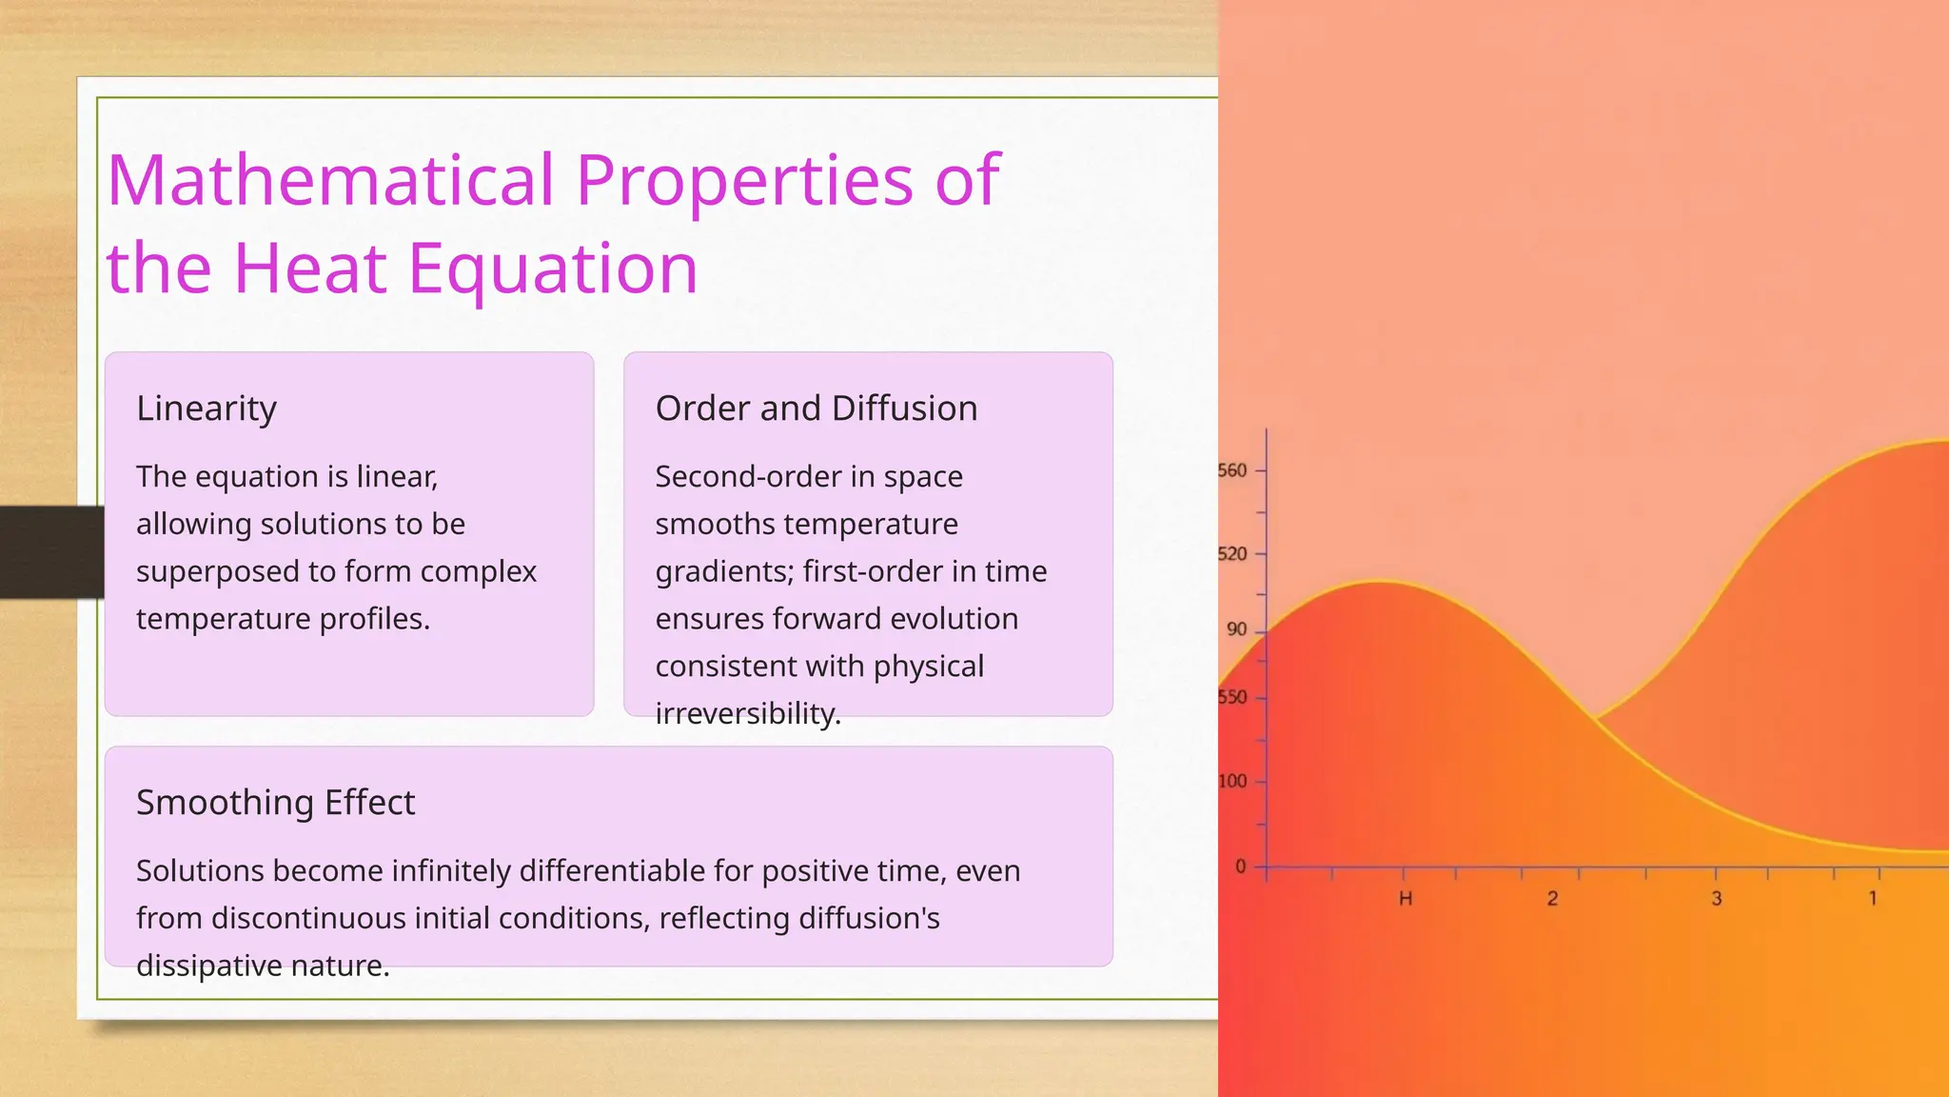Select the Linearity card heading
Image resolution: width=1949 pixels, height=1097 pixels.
[x=207, y=409]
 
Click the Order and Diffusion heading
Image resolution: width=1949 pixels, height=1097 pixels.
[x=816, y=409]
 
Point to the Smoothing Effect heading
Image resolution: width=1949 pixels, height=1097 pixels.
[x=275, y=803]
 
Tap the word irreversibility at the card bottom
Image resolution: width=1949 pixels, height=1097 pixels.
[x=747, y=713]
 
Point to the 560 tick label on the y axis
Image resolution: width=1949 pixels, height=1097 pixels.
[x=1232, y=470]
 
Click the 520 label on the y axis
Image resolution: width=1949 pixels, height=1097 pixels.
[x=1232, y=554]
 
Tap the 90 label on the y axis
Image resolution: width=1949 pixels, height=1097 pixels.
[x=1236, y=629]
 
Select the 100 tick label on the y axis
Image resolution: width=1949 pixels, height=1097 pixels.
[x=1232, y=782]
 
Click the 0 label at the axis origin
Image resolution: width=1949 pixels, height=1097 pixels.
[x=1240, y=867]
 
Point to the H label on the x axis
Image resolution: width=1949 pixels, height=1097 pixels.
[x=1405, y=899]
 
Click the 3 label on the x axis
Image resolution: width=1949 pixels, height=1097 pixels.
[x=1717, y=899]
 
